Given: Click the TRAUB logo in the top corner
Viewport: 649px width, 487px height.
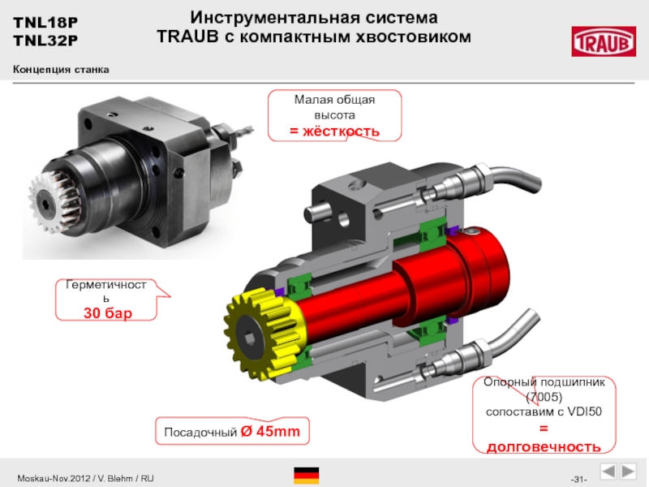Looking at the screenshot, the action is point(604,41).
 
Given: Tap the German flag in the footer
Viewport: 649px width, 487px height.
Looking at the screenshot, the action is point(307,476).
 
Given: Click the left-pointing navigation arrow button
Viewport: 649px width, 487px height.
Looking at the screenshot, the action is point(608,472).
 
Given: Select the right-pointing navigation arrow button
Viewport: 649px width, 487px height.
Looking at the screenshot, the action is point(628,472).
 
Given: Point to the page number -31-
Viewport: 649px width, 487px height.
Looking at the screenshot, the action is point(578,480).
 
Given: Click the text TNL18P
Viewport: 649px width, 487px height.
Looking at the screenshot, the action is point(45,22).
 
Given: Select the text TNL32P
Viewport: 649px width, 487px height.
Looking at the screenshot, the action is point(45,41).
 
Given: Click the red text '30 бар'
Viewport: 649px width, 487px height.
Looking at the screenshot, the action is point(108,312).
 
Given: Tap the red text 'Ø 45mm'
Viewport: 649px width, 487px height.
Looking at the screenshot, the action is point(270,431).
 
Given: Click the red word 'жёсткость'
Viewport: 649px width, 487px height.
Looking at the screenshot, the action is point(340,131).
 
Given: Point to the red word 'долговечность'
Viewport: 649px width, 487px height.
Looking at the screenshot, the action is point(544,447).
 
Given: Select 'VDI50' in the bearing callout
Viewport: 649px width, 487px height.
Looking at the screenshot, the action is point(584,412).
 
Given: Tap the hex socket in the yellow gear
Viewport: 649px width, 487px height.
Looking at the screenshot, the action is point(250,338).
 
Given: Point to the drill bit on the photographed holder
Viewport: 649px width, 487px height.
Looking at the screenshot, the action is point(243,131).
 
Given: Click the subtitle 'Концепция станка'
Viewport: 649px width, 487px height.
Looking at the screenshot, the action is point(61,69).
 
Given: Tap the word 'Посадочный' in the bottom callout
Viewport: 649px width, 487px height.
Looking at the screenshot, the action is point(200,433).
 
